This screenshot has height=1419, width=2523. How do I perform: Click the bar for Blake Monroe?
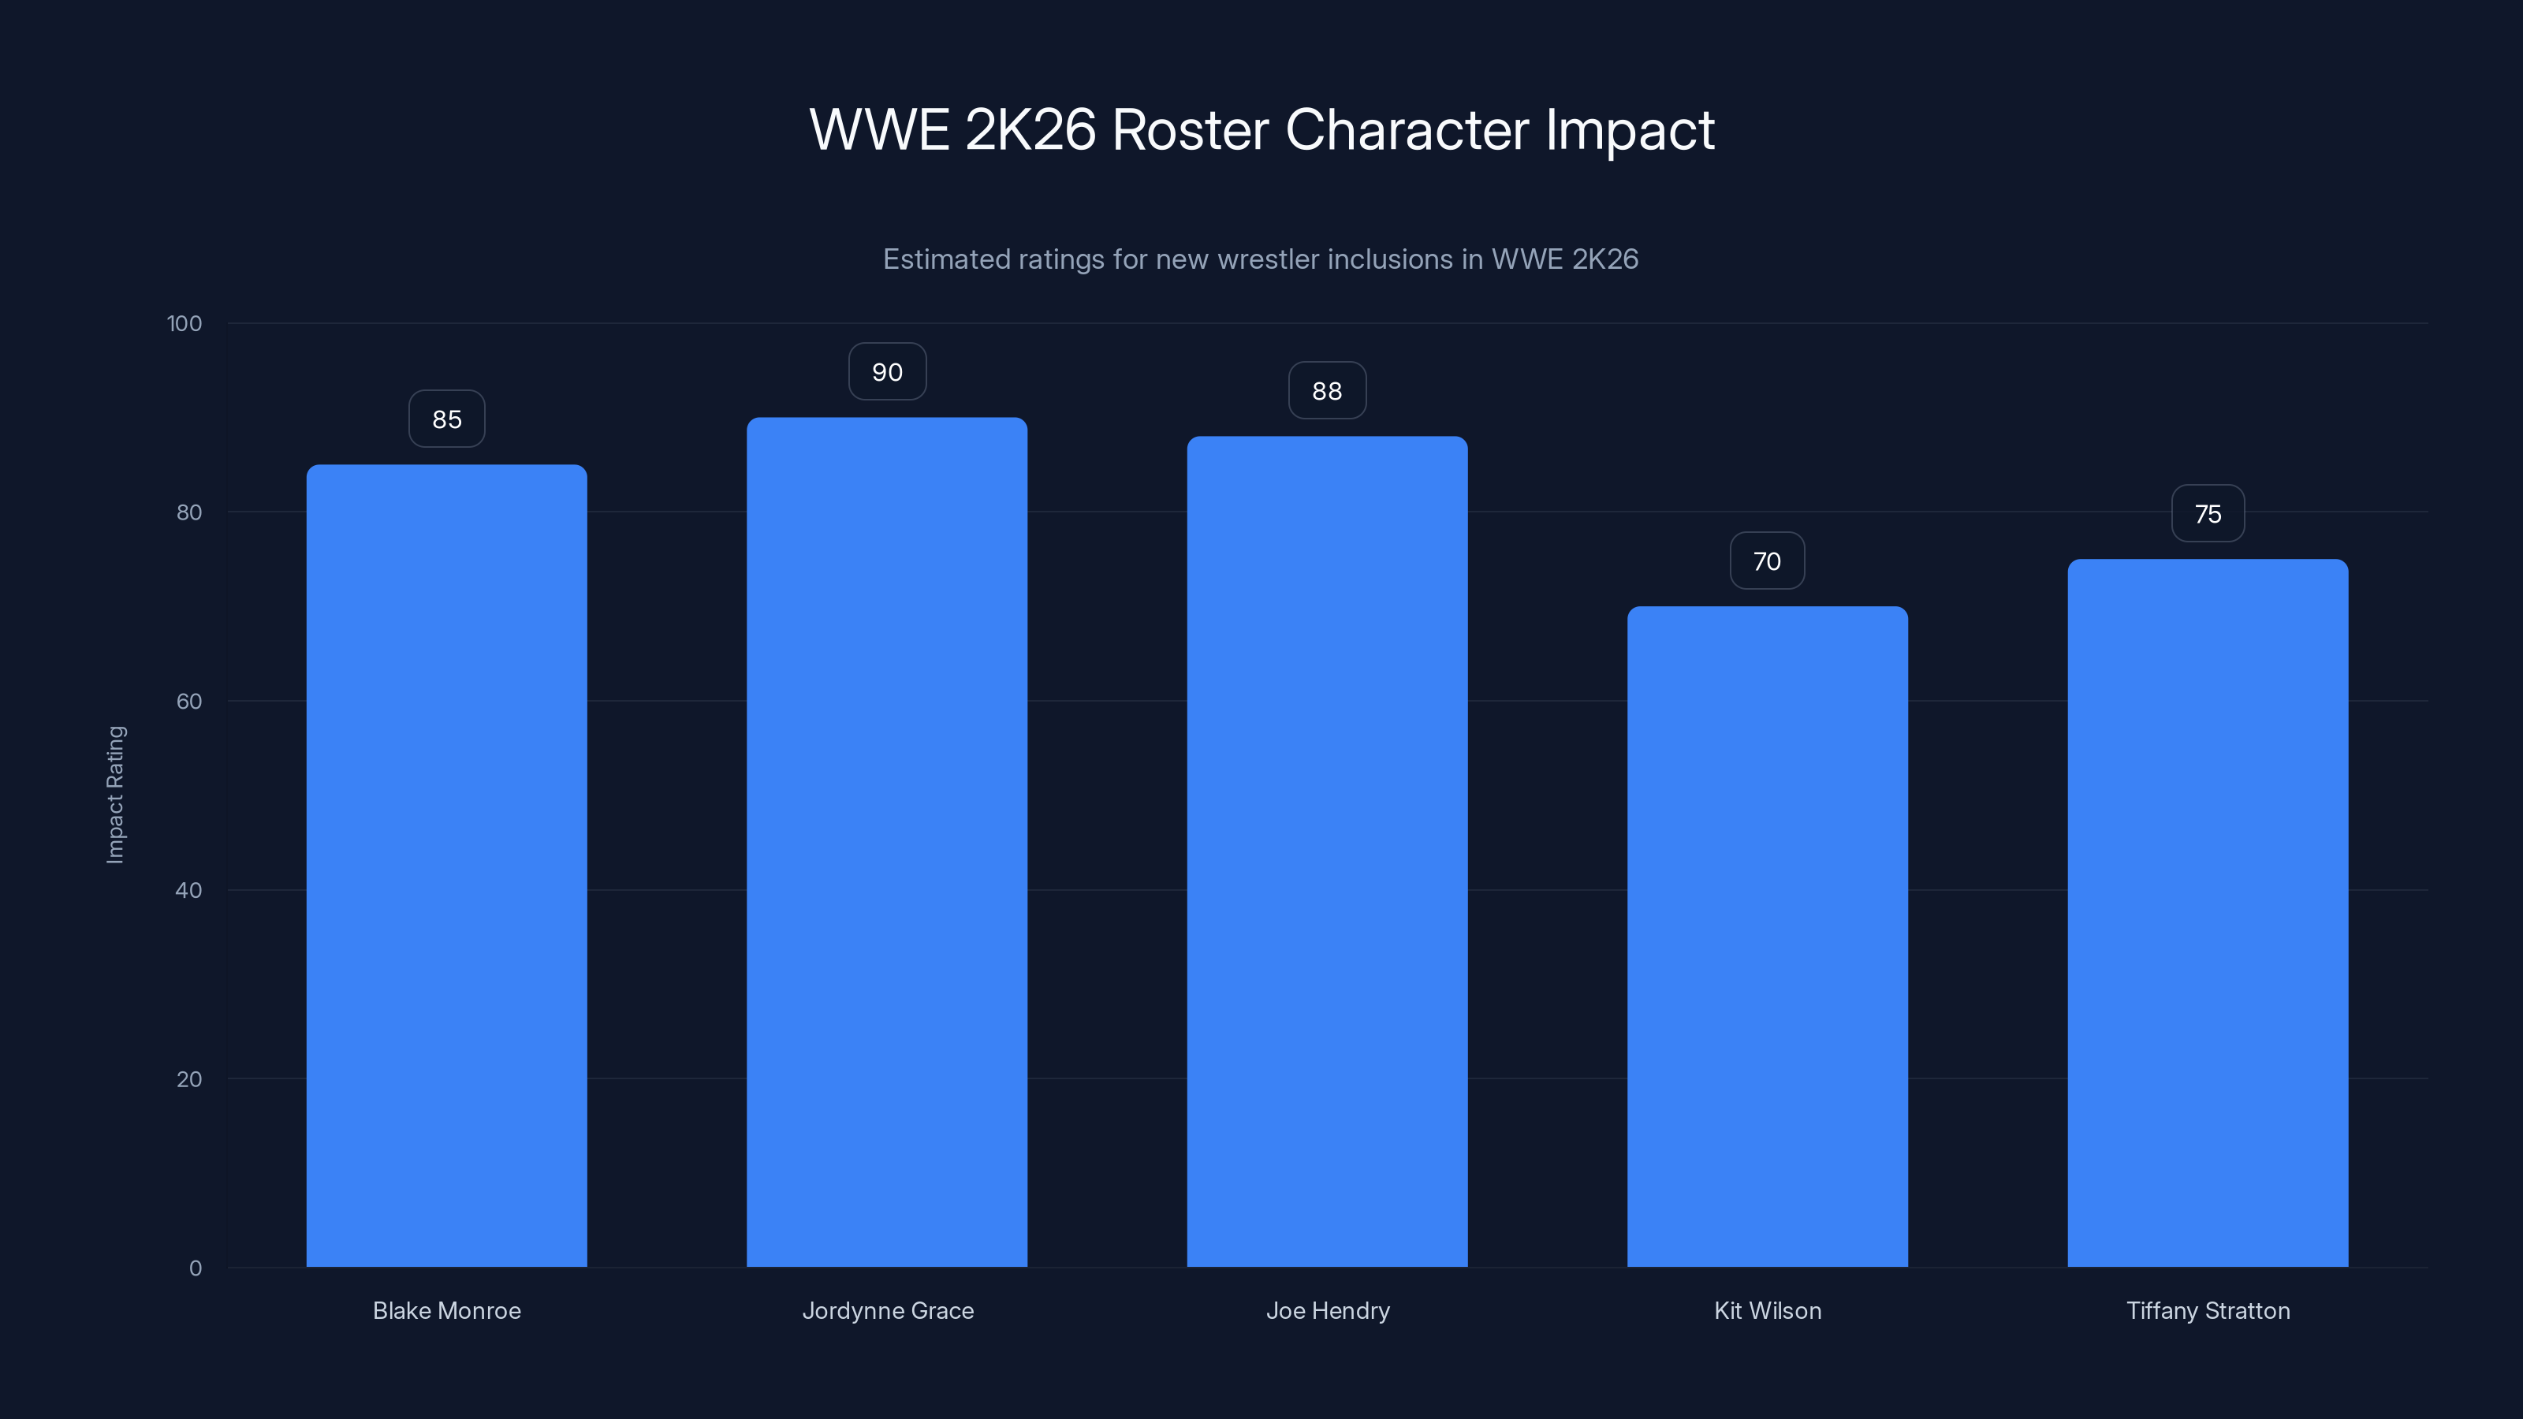446,866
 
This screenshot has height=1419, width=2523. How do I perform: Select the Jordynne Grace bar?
886,842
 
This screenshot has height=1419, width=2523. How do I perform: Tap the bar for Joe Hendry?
1327,852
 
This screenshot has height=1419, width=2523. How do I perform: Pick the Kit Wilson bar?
1767,937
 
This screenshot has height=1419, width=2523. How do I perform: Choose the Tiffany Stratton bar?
2208,913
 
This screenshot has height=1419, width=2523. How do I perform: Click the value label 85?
446,419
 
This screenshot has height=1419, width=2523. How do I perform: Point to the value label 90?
886,372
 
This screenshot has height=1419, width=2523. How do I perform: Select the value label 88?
1327,391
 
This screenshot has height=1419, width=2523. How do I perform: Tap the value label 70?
1767,561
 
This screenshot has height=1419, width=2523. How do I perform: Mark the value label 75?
2208,514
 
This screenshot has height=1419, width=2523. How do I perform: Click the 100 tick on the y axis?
184,323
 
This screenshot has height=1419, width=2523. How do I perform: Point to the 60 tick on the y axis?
189,701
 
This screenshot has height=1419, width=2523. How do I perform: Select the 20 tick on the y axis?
189,1079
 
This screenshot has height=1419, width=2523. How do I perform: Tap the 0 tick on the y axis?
195,1268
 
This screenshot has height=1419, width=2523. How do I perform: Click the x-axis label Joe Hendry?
1327,1310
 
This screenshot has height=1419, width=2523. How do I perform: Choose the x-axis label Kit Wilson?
1767,1310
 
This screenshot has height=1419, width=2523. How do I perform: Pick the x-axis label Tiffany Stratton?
2208,1310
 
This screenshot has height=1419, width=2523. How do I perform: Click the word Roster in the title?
1189,129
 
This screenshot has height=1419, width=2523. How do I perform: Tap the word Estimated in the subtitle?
946,259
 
